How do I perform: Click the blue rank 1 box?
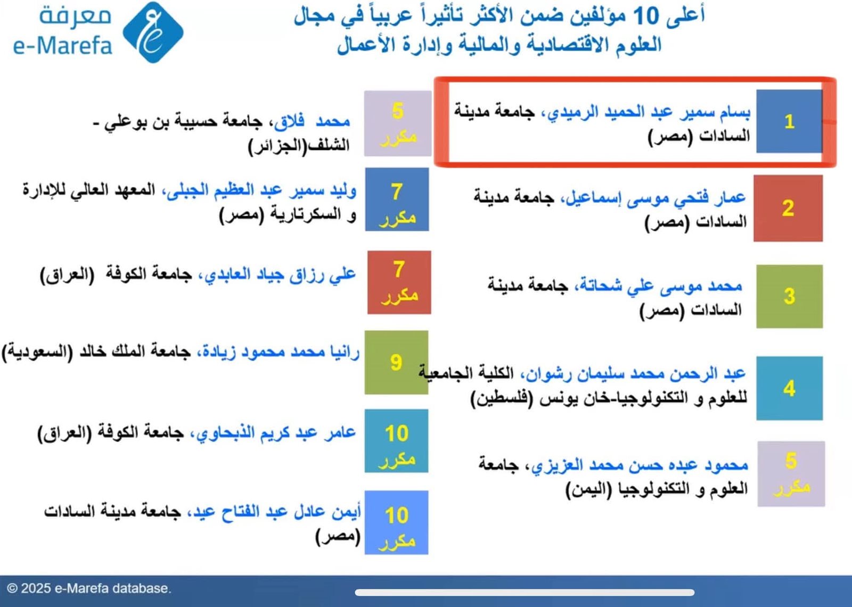coord(789,121)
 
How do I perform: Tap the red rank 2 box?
coord(788,208)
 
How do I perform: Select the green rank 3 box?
coord(789,296)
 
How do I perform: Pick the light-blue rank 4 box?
coord(789,388)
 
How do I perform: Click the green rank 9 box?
coord(396,362)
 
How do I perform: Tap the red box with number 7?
coord(399,282)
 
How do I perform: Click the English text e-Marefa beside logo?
coord(63,46)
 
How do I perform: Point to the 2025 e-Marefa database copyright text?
coord(88,588)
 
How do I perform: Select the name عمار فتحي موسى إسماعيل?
coord(655,198)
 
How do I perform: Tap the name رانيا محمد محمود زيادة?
coord(279,352)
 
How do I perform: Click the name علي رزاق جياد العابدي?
coord(277,275)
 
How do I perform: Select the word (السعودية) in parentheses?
coord(37,352)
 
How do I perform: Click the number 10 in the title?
coord(646,16)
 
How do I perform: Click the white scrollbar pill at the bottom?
coord(525,592)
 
